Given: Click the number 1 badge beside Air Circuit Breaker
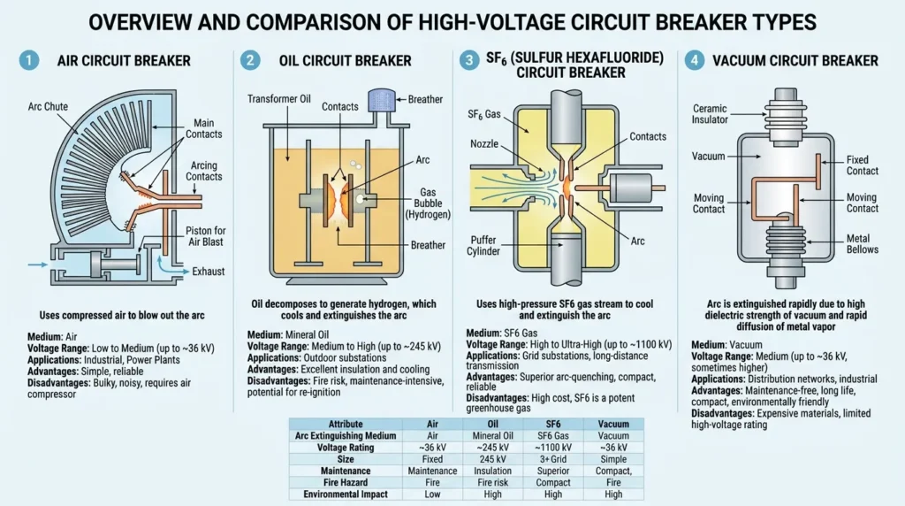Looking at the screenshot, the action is tap(29, 60).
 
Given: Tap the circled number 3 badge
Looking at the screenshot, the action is tap(468, 60).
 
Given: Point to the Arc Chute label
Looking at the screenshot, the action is tap(48, 107).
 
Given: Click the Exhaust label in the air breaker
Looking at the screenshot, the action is tap(209, 272).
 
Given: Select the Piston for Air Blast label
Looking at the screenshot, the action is tap(205, 236).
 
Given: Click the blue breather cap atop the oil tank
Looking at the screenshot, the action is tap(382, 99).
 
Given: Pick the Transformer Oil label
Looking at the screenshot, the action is tap(278, 99).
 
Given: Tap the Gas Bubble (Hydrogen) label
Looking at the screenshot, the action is tap(428, 203).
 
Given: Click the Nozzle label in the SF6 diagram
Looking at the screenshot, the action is tap(484, 144).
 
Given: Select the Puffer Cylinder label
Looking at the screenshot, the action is tap(483, 246).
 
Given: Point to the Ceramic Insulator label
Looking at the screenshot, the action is tap(710, 114).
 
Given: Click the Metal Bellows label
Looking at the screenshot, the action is tap(863, 244).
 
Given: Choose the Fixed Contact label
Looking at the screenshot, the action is tap(863, 165).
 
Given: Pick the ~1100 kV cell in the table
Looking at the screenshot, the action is tap(553, 448).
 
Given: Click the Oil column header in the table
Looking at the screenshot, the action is tap(492, 424).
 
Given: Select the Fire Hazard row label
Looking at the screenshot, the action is tap(346, 482).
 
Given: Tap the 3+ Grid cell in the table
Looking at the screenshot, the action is tap(553, 459).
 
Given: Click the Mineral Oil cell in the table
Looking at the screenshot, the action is tap(492, 436).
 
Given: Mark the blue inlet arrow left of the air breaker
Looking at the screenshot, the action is tap(38, 264).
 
